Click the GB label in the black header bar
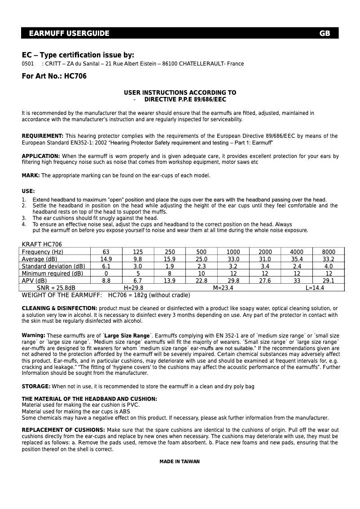(325, 34)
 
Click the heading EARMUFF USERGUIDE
(69, 34)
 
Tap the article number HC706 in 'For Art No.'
(75, 76)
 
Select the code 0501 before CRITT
(28, 64)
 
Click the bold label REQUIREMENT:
(43, 136)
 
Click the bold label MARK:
(31, 176)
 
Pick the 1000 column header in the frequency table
(233, 252)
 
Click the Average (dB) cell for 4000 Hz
(297, 259)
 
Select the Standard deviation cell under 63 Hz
(106, 267)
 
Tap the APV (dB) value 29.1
(329, 281)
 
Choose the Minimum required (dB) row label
(53, 274)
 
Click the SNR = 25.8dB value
(56, 288)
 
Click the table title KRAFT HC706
(42, 245)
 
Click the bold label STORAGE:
(36, 386)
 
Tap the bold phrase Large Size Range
(127, 336)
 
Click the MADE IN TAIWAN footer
(180, 462)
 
